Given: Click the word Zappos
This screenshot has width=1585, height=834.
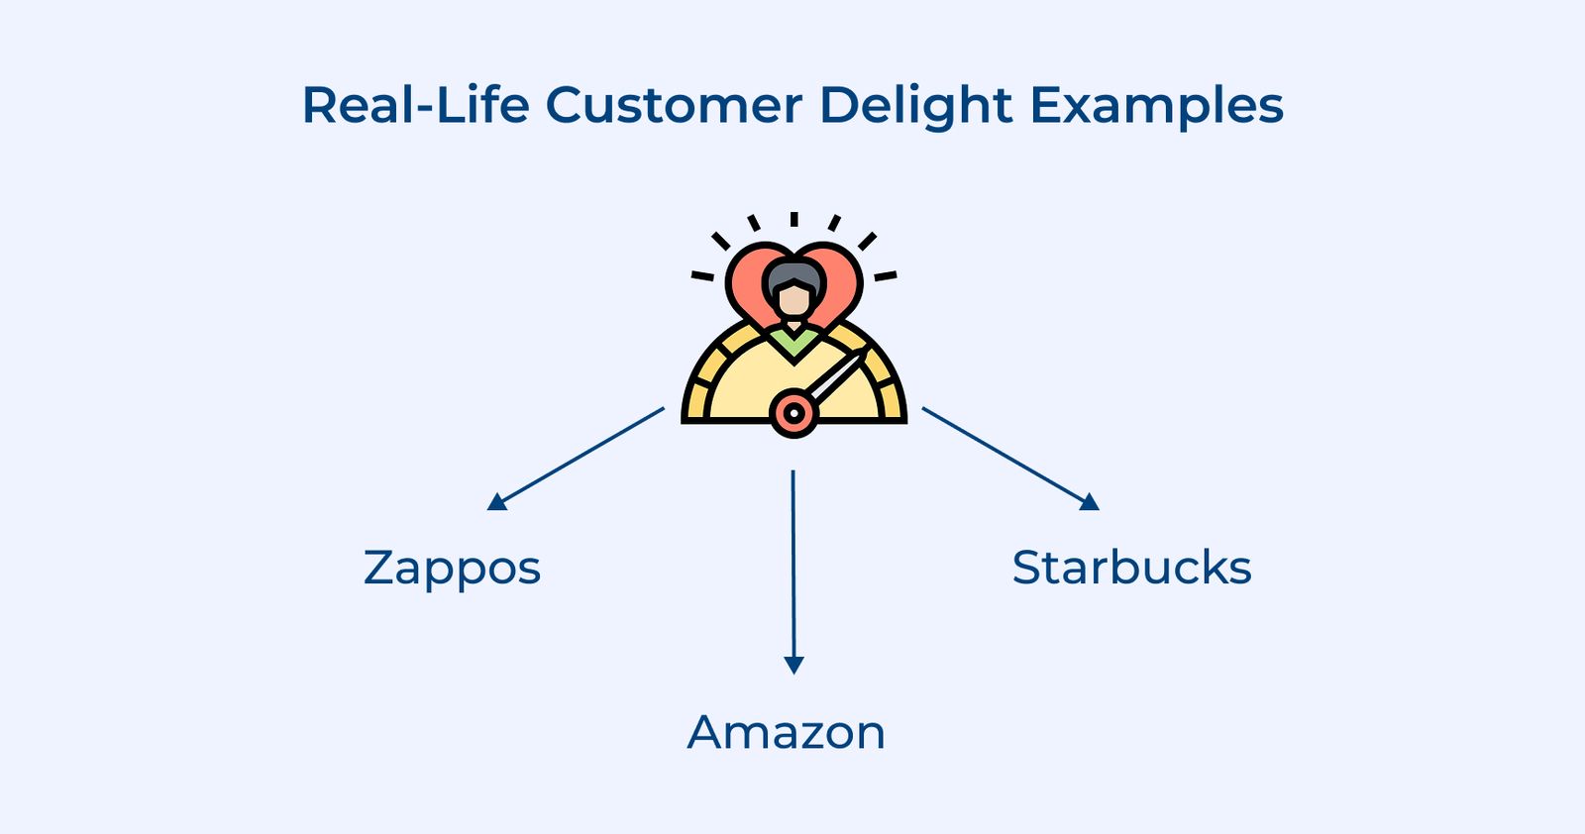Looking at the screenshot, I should click(452, 569).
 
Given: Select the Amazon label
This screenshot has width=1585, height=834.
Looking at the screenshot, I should click(787, 733).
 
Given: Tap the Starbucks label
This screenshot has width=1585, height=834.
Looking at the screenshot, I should click(1131, 569).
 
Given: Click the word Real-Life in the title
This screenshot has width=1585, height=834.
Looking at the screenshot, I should click(415, 105).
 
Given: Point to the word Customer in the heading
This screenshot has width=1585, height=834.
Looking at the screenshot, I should click(673, 105).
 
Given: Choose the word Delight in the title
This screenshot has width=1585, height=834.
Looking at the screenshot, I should click(916, 107).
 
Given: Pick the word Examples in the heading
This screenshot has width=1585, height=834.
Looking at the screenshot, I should click(1157, 107).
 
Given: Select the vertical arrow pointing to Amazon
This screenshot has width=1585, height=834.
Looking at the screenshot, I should click(792, 565).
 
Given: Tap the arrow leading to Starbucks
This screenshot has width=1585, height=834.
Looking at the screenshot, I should click(1005, 456).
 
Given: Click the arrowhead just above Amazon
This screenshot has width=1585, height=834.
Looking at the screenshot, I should click(792, 665).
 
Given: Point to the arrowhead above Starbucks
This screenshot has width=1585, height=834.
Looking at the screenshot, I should click(1090, 502).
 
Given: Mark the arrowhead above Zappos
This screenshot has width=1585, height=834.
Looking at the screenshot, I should click(497, 502).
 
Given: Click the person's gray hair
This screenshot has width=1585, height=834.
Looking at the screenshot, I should click(793, 272).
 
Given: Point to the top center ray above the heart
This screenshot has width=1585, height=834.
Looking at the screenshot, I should click(793, 219).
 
